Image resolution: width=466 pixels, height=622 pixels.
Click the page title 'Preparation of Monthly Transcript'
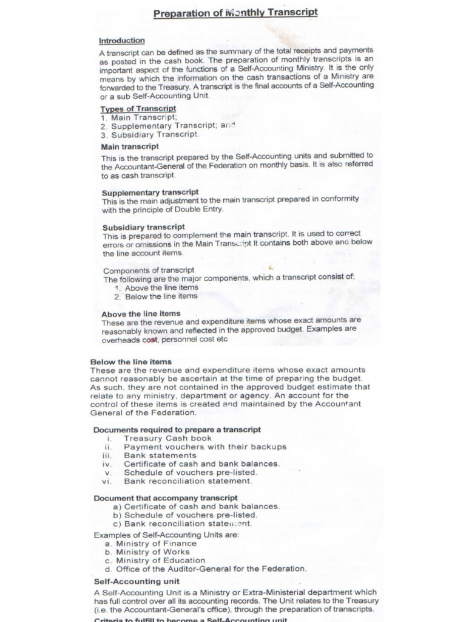coord(235,13)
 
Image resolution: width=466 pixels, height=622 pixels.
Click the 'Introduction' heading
coord(122,41)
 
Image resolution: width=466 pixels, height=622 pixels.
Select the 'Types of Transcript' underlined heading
coord(138,109)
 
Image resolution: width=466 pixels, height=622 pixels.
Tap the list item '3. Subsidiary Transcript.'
coord(150,135)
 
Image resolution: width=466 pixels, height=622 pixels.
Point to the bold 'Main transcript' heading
coord(130,146)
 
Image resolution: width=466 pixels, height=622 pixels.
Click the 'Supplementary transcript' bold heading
coord(150,192)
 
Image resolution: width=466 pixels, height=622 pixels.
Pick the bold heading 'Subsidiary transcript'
coord(144,227)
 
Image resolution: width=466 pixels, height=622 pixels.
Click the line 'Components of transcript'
coord(149,270)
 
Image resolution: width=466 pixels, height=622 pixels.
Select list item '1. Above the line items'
coord(156,288)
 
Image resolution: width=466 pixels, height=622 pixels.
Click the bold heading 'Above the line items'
coord(141,314)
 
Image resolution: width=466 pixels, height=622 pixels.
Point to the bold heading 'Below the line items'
coord(131,361)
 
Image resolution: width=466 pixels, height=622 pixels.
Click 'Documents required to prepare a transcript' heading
coord(177,429)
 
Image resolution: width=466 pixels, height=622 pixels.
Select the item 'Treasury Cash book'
coord(168,438)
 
